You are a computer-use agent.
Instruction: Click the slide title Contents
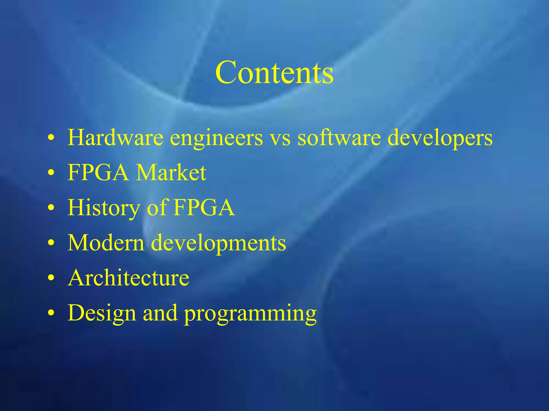pos(274,72)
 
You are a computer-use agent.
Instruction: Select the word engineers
pos(217,138)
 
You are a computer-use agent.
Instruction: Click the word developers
pos(440,138)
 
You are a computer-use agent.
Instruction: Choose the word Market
pos(171,173)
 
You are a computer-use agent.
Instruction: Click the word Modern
pos(106,243)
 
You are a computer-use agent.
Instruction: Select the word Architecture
pos(129,278)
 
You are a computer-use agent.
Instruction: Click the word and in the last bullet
pos(160,313)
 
